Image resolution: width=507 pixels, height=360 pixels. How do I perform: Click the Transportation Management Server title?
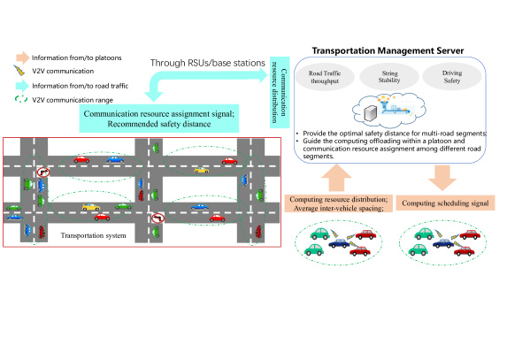pyautogui.click(x=388, y=50)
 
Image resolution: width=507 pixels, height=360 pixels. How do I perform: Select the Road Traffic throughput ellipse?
pyautogui.click(x=325, y=77)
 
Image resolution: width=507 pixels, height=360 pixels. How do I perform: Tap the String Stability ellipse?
pyautogui.click(x=389, y=77)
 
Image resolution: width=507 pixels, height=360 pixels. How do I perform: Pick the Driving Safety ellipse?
pyautogui.click(x=452, y=77)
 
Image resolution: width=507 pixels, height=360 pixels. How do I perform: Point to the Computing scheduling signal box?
pyautogui.click(x=445, y=203)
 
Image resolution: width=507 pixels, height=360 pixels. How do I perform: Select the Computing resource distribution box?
pyautogui.click(x=339, y=203)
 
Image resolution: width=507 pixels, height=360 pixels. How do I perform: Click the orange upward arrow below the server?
pyautogui.click(x=336, y=178)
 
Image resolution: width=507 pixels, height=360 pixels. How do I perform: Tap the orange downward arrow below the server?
pyautogui.click(x=442, y=178)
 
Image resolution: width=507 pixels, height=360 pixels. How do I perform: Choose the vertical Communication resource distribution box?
pyautogui.click(x=280, y=92)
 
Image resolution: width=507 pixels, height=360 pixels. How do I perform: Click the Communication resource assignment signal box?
pyautogui.click(x=159, y=119)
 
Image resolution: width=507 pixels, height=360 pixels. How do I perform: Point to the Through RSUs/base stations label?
pyautogui.click(x=208, y=63)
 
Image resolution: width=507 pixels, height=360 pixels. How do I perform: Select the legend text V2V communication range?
pyautogui.click(x=73, y=100)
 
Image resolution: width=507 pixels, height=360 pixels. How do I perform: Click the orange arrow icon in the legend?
pyautogui.click(x=23, y=57)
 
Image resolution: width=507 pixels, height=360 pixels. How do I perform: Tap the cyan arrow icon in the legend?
pyautogui.click(x=22, y=86)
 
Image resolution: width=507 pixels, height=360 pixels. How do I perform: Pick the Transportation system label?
pyautogui.click(x=94, y=235)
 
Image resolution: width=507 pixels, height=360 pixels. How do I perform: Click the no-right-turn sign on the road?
pyautogui.click(x=43, y=172)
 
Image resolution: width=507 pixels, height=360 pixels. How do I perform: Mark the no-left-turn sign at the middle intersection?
pyautogui.click(x=158, y=218)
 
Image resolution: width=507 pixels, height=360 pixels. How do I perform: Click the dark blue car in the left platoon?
pyautogui.click(x=340, y=243)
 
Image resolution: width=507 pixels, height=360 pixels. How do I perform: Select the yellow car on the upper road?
pyautogui.click(x=202, y=170)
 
